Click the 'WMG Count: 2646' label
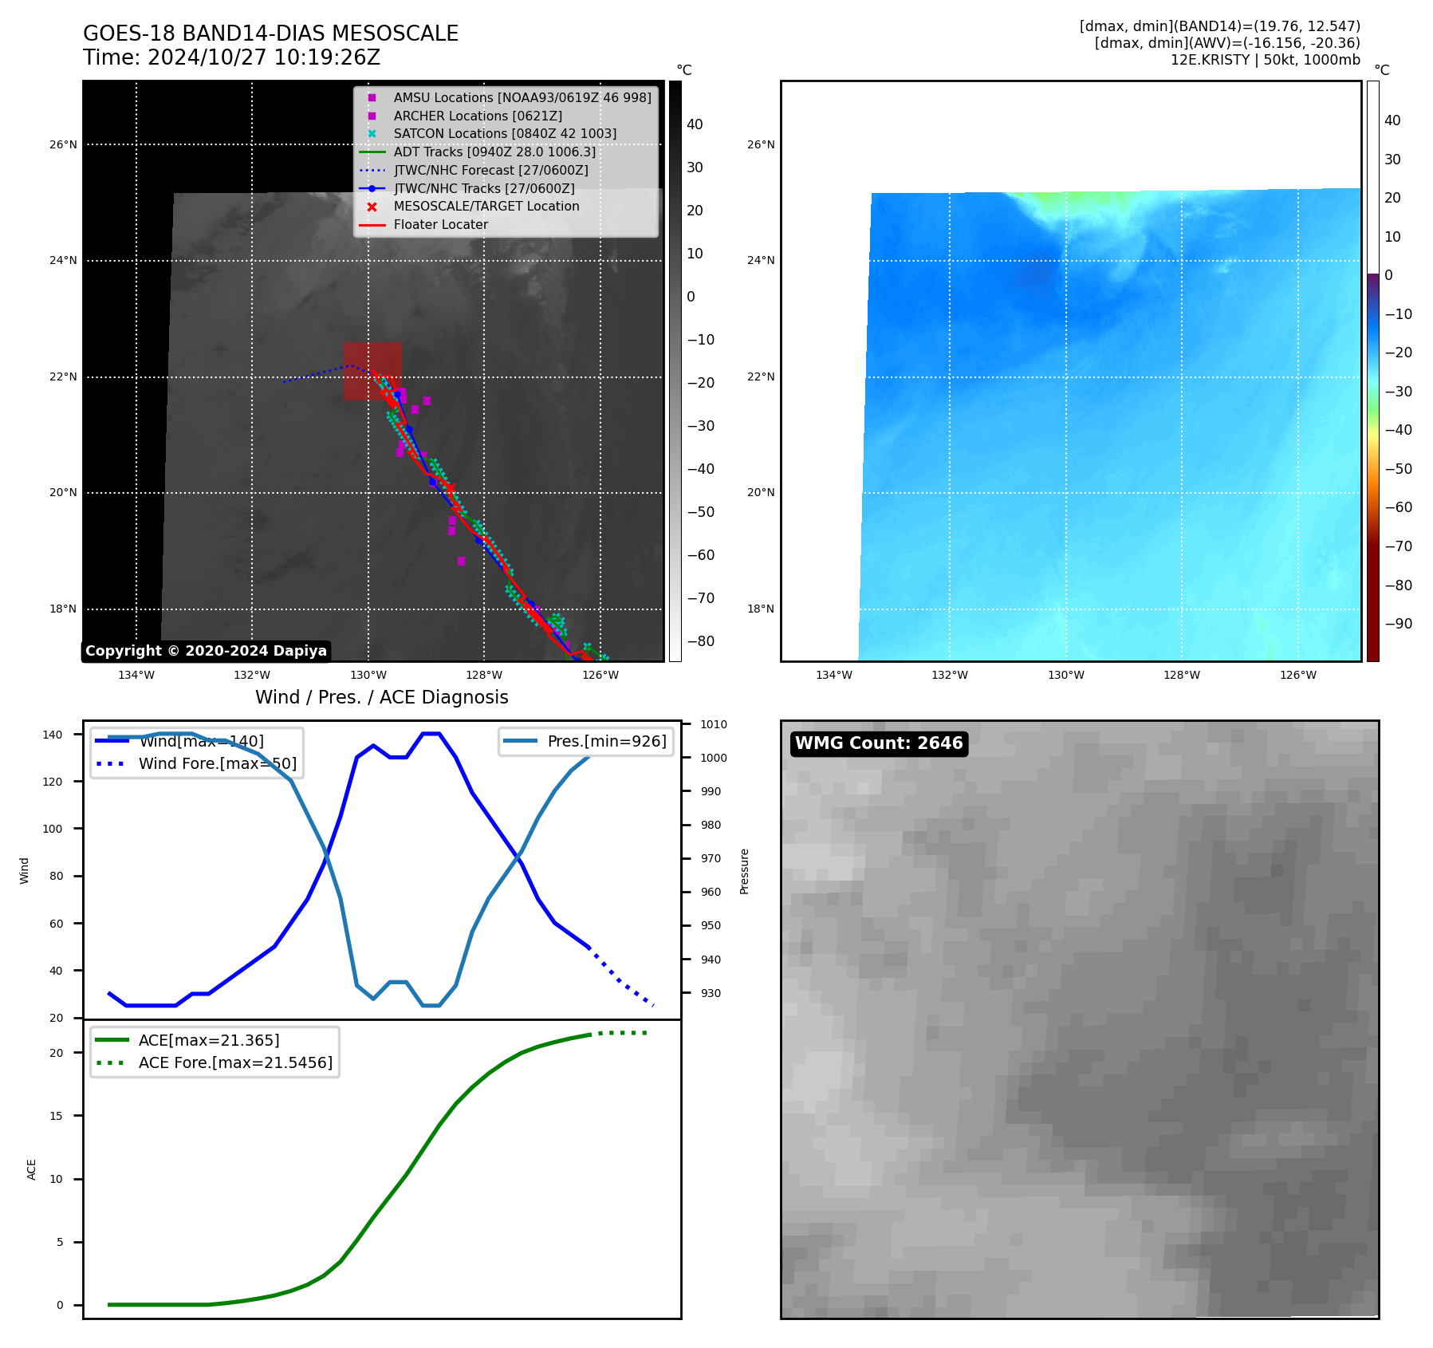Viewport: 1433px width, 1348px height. coord(879,743)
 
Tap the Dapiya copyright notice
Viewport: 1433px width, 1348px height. coord(206,651)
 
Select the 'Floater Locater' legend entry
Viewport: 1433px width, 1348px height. coord(440,225)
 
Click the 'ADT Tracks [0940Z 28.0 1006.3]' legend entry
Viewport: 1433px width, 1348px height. coord(494,152)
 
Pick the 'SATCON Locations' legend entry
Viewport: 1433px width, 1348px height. coord(505,133)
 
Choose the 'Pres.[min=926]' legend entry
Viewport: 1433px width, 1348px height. coord(606,741)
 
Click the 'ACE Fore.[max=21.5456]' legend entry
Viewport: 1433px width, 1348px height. coord(235,1062)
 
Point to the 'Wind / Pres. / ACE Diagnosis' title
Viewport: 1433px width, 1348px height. coord(381,697)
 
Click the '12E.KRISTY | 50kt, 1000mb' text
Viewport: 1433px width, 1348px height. coord(1265,60)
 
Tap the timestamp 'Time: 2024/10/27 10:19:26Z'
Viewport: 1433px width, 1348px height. coord(231,58)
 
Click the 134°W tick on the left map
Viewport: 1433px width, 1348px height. coord(136,675)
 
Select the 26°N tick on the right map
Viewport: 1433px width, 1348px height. coord(760,145)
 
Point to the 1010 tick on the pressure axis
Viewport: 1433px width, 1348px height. coord(714,724)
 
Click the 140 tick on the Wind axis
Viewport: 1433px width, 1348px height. coord(53,735)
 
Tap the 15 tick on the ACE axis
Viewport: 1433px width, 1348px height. coord(56,1116)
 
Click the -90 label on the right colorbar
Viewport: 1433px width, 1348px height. coord(1398,624)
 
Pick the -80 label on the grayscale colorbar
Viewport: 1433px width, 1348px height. coord(701,641)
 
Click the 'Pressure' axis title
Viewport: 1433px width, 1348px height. coord(744,871)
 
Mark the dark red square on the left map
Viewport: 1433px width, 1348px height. coord(372,372)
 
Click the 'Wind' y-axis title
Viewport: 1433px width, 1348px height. coord(24,870)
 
